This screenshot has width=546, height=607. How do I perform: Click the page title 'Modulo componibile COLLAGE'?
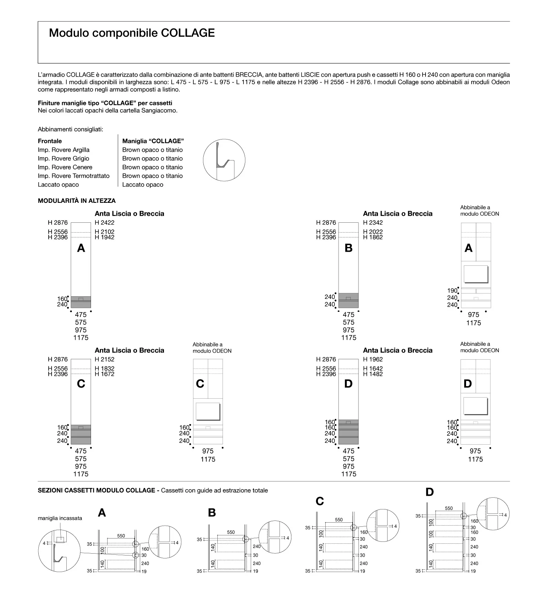132,33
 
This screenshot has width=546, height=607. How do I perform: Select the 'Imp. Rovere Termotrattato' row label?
74,176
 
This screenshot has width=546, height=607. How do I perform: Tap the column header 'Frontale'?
50,141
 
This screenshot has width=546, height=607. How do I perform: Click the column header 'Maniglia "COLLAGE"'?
153,141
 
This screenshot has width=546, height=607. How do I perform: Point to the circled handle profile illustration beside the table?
224,160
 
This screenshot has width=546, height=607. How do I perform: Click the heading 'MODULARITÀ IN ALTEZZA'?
77,201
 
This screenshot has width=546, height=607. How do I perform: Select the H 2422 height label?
105,223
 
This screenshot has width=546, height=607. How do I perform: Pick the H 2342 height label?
373,223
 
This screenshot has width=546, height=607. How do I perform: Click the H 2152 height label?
105,359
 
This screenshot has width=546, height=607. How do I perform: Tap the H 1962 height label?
373,359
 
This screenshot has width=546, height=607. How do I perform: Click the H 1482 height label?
373,374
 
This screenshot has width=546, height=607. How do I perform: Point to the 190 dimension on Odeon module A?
452,291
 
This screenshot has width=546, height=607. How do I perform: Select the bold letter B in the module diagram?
349,248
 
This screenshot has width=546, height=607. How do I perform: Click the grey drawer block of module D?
349,432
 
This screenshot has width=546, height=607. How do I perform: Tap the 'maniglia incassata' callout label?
60,518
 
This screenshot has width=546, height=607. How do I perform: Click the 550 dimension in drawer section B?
231,532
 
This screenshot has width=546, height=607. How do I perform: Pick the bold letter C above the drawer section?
320,501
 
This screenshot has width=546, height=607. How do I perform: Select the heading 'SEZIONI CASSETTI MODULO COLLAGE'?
97,490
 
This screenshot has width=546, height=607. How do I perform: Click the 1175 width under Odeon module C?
208,459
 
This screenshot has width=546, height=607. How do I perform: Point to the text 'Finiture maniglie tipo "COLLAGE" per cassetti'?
105,103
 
